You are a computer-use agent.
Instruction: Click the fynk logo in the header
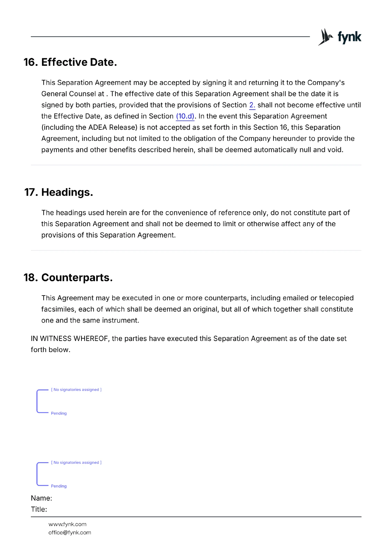(340, 37)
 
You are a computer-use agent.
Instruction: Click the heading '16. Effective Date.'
(70, 62)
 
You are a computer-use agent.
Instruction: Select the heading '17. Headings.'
(59, 192)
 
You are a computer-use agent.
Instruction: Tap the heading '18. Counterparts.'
(68, 277)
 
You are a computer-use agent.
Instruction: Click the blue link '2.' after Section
(252, 105)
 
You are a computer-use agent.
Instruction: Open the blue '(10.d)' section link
(185, 116)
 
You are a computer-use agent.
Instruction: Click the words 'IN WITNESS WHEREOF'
(69, 339)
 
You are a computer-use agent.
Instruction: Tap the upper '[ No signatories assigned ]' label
(76, 390)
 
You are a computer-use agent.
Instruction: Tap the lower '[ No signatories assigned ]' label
(76, 463)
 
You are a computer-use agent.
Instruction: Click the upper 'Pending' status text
(59, 413)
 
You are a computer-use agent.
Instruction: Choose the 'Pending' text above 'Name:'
(59, 486)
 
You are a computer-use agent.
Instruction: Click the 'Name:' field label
(41, 498)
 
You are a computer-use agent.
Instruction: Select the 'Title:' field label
(39, 510)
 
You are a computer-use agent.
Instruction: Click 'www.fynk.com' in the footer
(67, 524)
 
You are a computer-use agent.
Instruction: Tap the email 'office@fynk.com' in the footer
(70, 533)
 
